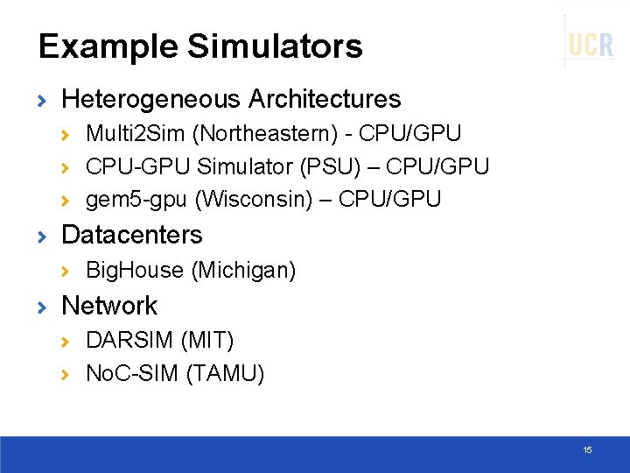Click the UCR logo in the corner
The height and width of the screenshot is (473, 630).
(591, 44)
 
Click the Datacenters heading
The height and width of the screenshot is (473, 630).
(132, 235)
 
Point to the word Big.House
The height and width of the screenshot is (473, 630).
(135, 271)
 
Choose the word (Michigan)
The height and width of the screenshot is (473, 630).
(243, 271)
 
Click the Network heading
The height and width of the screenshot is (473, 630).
(109, 306)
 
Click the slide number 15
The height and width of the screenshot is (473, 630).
(587, 449)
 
